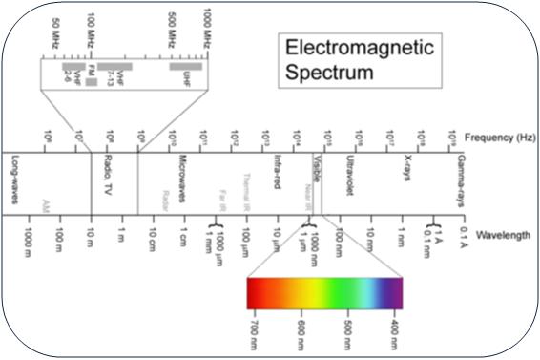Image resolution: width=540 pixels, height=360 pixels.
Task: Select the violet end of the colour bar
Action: (x=395, y=292)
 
